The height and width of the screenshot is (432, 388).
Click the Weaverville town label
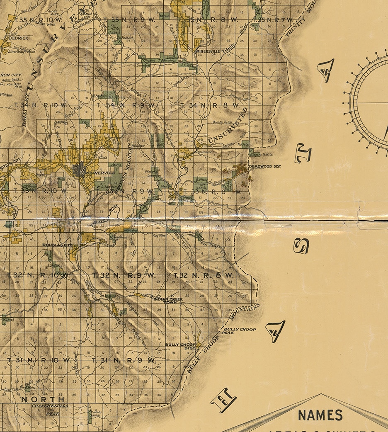point(98,174)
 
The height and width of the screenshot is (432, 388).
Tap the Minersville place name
point(207,52)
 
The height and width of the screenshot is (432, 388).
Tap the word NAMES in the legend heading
point(320,415)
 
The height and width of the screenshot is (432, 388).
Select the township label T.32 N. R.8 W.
point(204,275)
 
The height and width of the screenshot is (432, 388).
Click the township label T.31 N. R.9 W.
point(124,360)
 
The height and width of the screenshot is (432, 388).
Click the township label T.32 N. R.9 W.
point(123,275)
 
